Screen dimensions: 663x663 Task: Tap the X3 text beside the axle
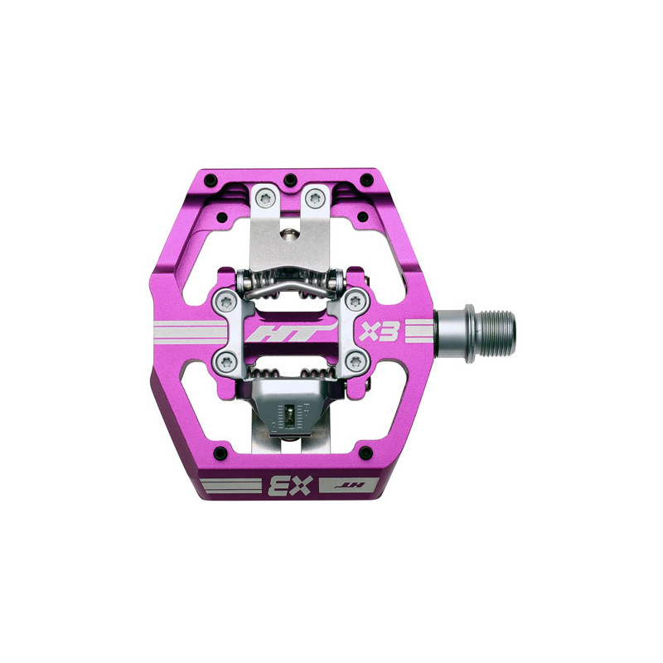point(379,331)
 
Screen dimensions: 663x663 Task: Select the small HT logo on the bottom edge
point(349,485)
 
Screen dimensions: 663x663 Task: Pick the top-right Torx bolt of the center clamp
point(355,301)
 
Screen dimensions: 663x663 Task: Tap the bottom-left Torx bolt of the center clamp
point(226,361)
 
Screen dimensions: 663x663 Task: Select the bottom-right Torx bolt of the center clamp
point(355,361)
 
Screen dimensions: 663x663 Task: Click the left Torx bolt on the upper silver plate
point(265,198)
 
